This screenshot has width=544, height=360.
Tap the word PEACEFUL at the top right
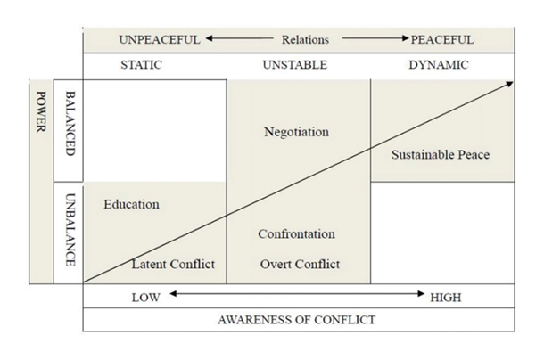click(x=442, y=39)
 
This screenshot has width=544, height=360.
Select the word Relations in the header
click(x=305, y=39)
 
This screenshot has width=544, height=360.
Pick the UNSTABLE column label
click(x=295, y=65)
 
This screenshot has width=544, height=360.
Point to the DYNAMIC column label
click(x=439, y=65)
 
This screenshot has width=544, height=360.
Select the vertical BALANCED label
click(x=70, y=124)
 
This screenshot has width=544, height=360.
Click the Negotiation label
click(x=296, y=132)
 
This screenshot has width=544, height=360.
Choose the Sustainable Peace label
click(x=441, y=155)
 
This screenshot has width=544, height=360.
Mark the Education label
click(x=131, y=204)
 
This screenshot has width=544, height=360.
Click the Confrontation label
click(x=296, y=234)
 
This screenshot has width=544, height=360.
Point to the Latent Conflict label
click(x=173, y=264)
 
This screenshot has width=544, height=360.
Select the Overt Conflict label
click(x=300, y=264)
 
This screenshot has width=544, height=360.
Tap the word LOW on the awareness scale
click(x=145, y=297)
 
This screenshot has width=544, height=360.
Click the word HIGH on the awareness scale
click(x=445, y=297)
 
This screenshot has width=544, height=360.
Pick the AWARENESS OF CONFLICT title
click(x=297, y=319)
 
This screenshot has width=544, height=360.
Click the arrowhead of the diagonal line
click(x=510, y=83)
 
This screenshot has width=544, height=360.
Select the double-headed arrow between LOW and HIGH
click(x=296, y=293)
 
